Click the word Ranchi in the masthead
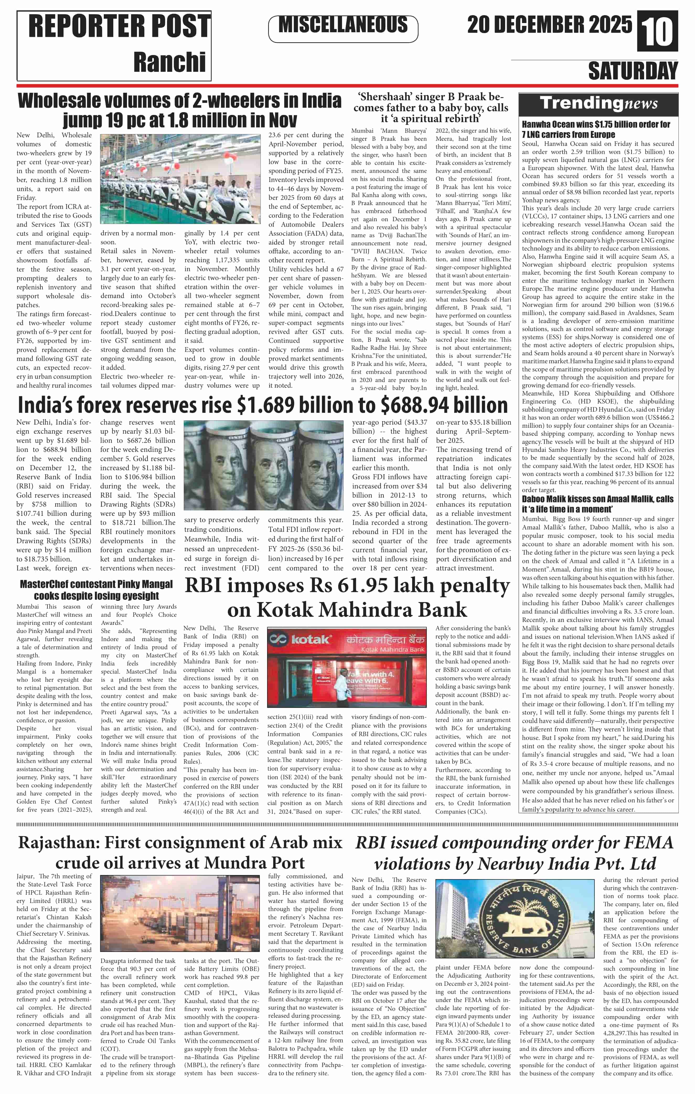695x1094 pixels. [x=169, y=62]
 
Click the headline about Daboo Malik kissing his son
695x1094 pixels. [x=597, y=504]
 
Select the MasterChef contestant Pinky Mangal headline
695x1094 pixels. [x=96, y=590]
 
